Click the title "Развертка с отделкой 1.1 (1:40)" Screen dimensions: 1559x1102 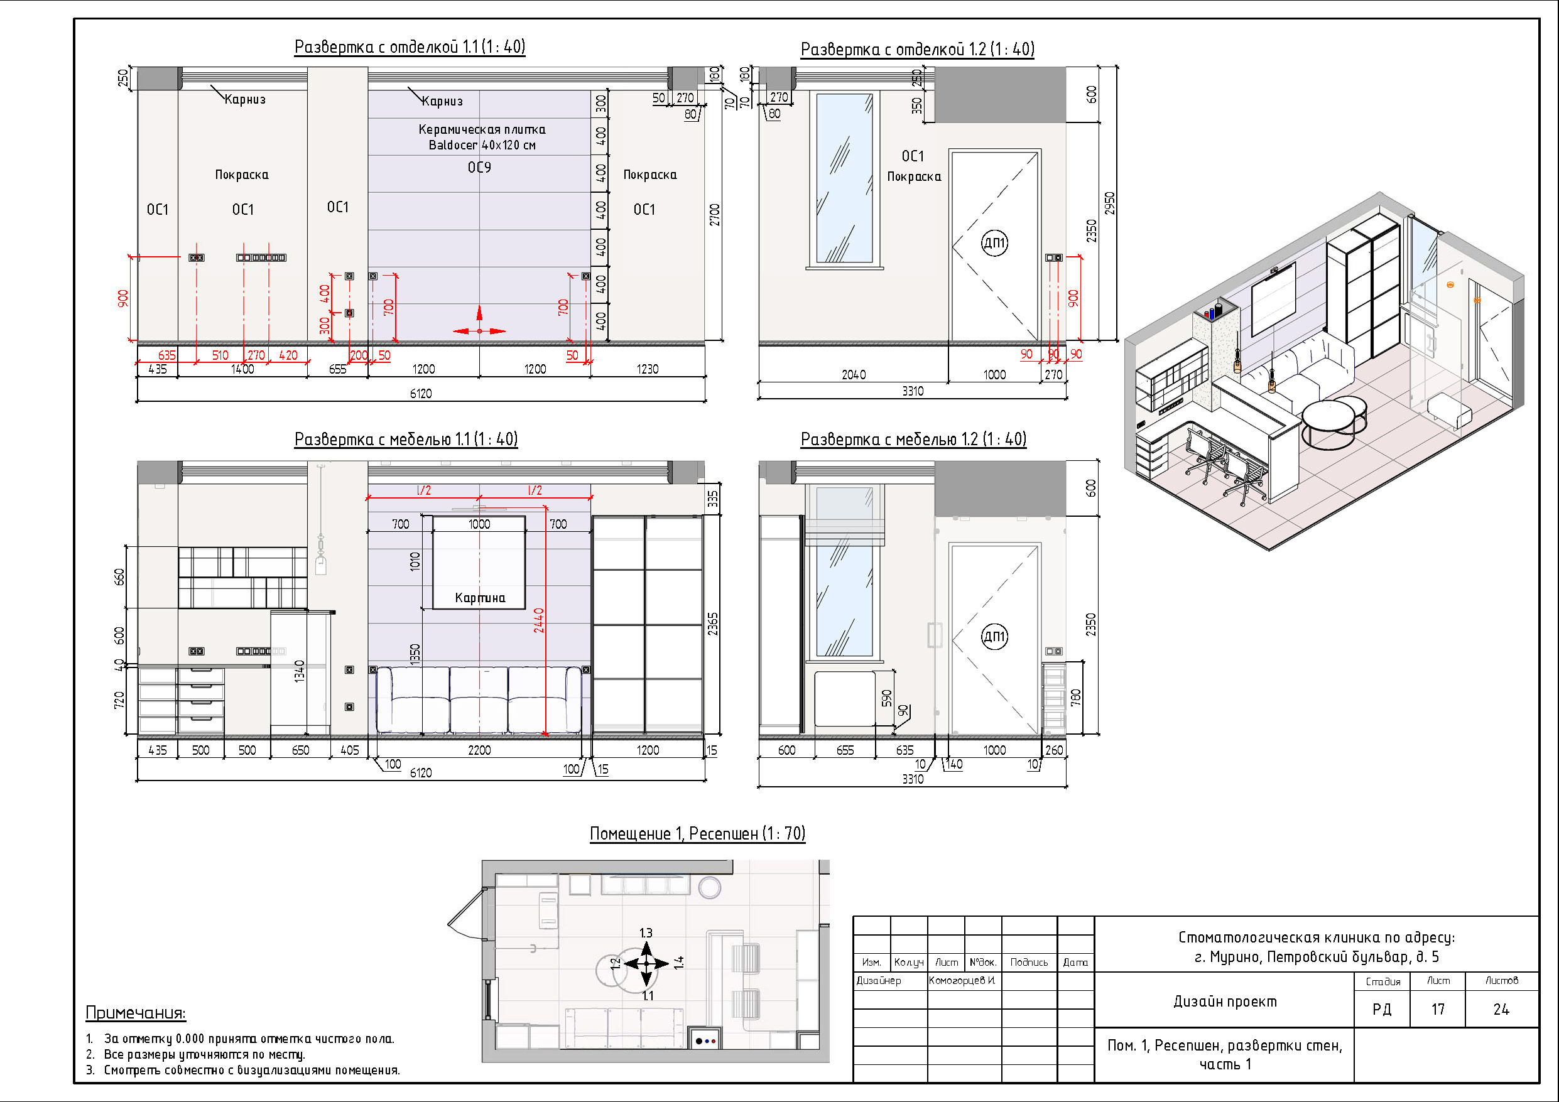[x=410, y=47]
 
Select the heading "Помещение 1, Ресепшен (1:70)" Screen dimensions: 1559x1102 [x=697, y=833]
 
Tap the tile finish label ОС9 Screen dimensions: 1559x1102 [x=479, y=167]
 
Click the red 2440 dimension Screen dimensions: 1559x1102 [x=538, y=620]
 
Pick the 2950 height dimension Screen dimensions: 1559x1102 [x=1109, y=203]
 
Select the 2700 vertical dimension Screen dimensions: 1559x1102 [x=714, y=215]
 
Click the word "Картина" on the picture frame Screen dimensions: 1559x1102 [x=480, y=598]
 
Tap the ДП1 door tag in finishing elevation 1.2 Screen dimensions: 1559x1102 [x=995, y=242]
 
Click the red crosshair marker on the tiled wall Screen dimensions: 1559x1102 [x=479, y=331]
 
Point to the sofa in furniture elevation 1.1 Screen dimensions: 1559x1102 [x=479, y=700]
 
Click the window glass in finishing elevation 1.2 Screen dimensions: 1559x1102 [x=844, y=178]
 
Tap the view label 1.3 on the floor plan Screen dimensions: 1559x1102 [x=646, y=933]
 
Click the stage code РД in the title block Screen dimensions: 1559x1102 [x=1382, y=1010]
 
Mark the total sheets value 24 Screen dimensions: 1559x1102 [x=1501, y=1010]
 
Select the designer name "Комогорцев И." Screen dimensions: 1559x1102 [x=962, y=980]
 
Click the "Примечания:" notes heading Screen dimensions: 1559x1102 [x=136, y=1013]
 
